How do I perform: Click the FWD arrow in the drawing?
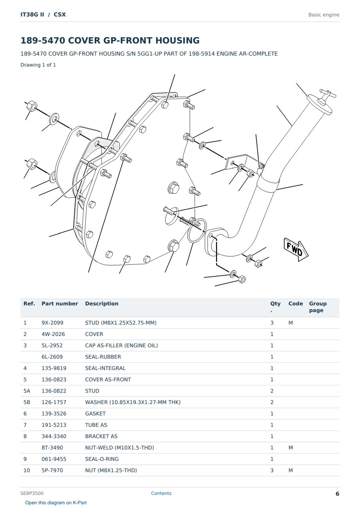click(x=296, y=249)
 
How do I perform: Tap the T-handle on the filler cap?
click(x=327, y=95)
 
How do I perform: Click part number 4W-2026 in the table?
click(x=53, y=334)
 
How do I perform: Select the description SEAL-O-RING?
click(x=102, y=459)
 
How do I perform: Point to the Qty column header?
click(x=275, y=307)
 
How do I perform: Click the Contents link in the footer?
click(x=161, y=493)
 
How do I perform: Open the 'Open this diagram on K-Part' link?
click(x=56, y=503)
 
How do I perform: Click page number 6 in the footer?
click(x=337, y=494)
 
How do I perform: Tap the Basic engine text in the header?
click(x=324, y=15)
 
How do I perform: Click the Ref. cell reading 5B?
click(x=27, y=402)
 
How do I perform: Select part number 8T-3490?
click(x=52, y=448)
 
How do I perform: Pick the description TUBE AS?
click(x=96, y=425)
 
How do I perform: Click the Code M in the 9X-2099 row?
click(x=290, y=323)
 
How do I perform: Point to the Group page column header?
click(x=318, y=307)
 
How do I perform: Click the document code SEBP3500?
click(x=32, y=493)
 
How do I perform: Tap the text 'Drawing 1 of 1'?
click(x=38, y=65)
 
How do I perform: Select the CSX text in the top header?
click(x=60, y=14)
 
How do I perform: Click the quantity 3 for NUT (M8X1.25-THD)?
click(x=272, y=470)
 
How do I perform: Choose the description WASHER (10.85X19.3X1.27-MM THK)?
click(x=133, y=402)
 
